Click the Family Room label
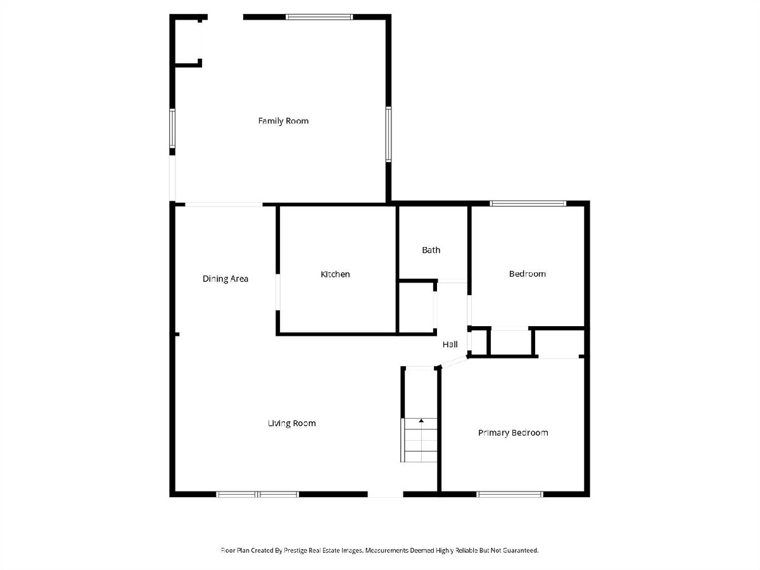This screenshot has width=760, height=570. (283, 121)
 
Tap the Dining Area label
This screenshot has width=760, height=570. (225, 279)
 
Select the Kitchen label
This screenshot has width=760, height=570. (335, 274)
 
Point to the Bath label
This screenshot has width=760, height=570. (431, 250)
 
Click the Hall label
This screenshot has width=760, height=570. (450, 345)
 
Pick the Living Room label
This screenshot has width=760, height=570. (292, 423)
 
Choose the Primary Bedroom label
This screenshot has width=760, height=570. (513, 433)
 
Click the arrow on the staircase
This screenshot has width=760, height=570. (421, 421)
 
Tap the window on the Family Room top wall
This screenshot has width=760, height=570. (319, 17)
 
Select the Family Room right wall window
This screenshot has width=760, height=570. (388, 134)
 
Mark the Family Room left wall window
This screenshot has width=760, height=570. (172, 129)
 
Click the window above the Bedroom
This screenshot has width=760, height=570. (528, 203)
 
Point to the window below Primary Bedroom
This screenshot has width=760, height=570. (510, 495)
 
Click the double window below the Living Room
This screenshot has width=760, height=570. (257, 495)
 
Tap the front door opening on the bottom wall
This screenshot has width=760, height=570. (385, 495)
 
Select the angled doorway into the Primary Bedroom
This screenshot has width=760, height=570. (454, 362)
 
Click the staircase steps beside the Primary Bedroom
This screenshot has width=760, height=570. (419, 440)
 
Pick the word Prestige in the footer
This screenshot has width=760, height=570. (295, 550)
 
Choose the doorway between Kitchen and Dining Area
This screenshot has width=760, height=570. (277, 293)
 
